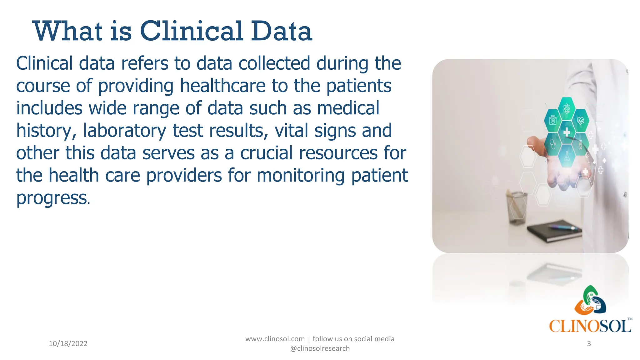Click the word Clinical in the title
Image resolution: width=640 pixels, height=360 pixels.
[x=192, y=31]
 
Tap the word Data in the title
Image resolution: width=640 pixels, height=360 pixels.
[x=281, y=31]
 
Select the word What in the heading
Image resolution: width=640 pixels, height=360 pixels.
[x=67, y=31]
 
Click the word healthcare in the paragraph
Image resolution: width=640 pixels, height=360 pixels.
[x=223, y=86]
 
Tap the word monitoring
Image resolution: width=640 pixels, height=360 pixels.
[x=301, y=175]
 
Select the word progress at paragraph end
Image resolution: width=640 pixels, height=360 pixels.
[x=52, y=198]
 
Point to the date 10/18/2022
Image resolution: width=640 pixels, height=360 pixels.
[x=68, y=343]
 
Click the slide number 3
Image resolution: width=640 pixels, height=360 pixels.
[x=589, y=343]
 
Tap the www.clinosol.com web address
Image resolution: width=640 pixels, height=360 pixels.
[x=275, y=339]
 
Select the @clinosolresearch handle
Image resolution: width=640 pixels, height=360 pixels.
[x=320, y=348]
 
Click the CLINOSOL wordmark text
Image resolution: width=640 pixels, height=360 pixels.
[x=590, y=327]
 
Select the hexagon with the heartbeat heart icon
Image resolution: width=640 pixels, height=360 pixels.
[x=581, y=120]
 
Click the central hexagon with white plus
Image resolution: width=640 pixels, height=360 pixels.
[x=567, y=132]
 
